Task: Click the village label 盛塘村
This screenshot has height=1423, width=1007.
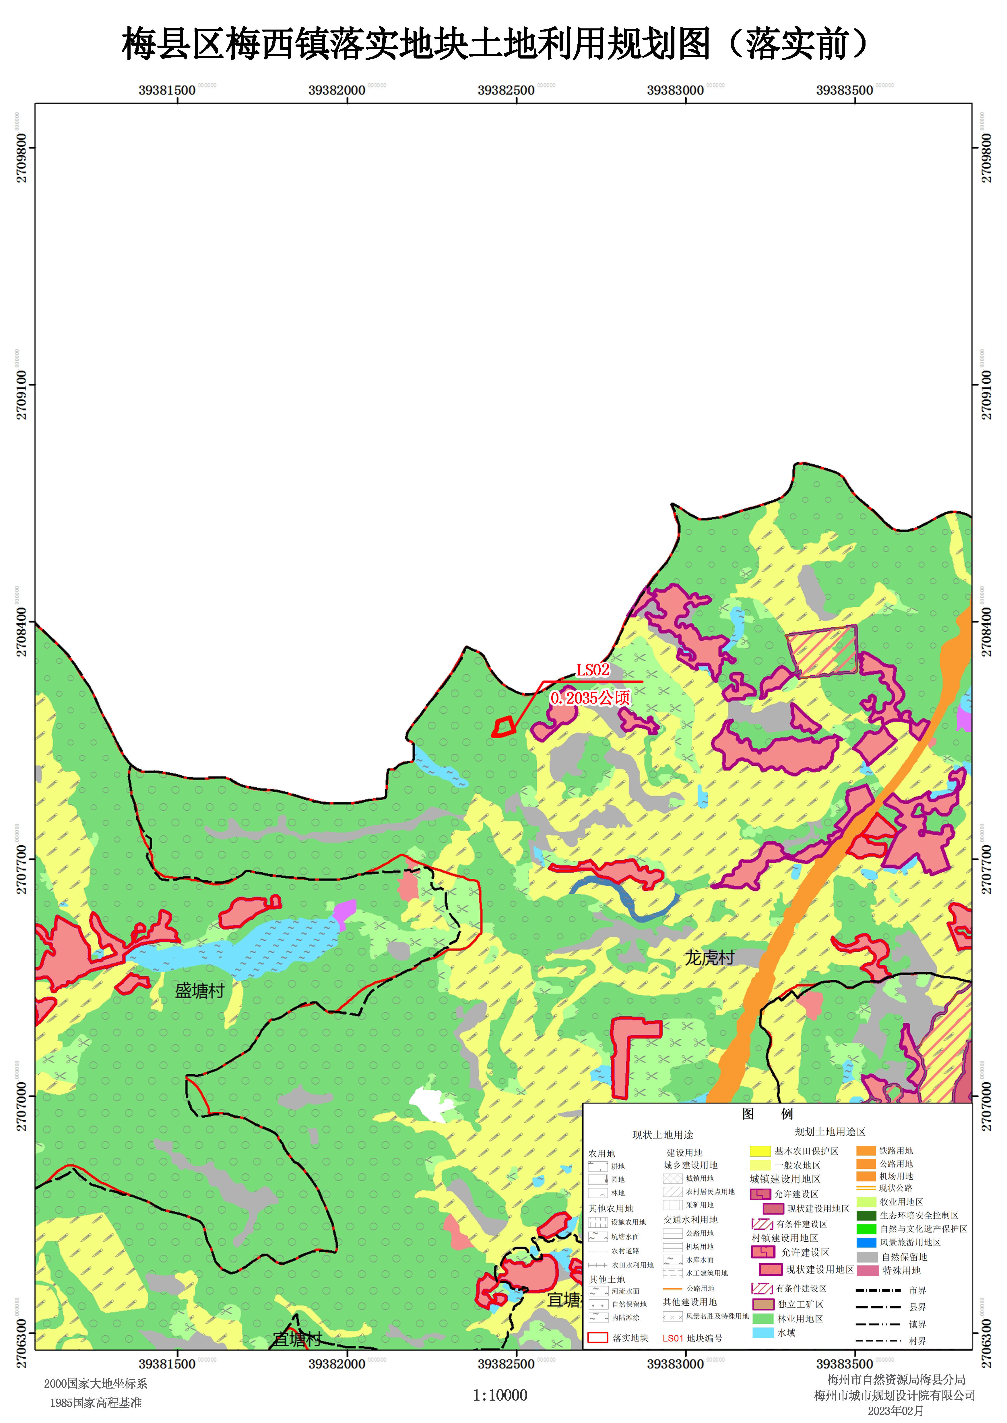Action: click(199, 991)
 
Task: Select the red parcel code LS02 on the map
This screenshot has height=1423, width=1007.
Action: click(593, 670)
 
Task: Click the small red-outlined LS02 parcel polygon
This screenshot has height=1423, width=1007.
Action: click(503, 727)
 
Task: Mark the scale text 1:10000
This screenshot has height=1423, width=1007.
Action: click(500, 1395)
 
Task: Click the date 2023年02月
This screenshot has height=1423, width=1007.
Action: click(895, 1411)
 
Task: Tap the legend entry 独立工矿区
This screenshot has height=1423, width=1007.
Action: click(800, 1304)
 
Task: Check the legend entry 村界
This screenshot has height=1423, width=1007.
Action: click(917, 1341)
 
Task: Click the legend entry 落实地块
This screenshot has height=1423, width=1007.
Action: click(630, 1338)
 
